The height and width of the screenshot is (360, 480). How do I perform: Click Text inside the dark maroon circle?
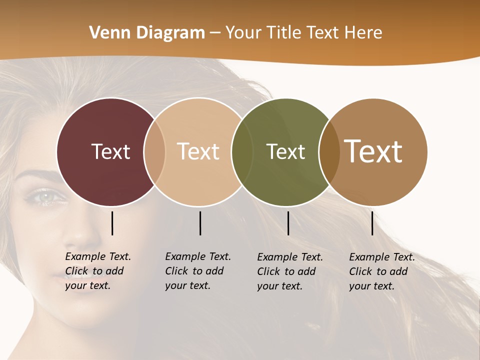(110, 151)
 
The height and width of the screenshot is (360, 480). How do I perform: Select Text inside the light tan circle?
(198, 151)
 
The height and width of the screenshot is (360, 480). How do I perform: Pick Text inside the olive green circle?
(285, 151)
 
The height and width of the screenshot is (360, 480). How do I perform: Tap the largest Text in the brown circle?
(373, 151)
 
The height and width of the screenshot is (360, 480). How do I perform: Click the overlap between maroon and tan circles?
(154, 152)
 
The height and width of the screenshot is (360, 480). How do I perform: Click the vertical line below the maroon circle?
(112, 223)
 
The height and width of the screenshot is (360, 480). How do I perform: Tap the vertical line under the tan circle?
(200, 223)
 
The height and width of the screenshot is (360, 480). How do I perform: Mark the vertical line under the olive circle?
(288, 223)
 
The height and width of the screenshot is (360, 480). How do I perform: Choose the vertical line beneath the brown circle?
(372, 223)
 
